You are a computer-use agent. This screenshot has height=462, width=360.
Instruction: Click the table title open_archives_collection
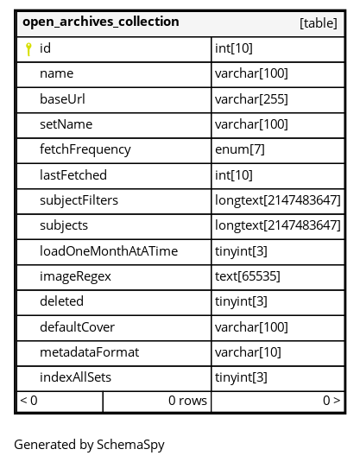point(101,22)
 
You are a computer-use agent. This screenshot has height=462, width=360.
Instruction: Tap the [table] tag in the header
point(319,23)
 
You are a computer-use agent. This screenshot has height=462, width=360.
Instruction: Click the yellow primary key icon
point(28,49)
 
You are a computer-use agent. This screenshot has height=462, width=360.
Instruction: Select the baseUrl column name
point(62,99)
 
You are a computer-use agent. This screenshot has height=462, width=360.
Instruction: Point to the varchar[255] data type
point(251,99)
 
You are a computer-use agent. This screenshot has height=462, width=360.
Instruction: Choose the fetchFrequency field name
point(85,149)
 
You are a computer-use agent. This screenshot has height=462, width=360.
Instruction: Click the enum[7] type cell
point(240,149)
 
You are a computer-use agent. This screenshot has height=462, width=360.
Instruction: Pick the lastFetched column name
point(73,175)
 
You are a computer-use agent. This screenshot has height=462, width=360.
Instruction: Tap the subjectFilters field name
point(79,200)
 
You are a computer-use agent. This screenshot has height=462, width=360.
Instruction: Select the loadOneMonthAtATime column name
point(109,251)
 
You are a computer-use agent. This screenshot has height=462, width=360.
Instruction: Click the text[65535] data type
point(248,276)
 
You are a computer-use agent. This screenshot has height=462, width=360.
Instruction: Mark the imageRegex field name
point(75,276)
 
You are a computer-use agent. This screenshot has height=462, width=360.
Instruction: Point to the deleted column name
point(61,301)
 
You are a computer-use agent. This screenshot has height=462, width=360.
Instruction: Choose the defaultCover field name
point(77,327)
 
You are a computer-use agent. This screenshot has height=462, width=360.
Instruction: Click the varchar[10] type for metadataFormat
point(248,352)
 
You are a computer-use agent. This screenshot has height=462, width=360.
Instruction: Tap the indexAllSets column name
point(75,377)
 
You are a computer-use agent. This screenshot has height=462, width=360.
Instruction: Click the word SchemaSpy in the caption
point(130,446)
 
